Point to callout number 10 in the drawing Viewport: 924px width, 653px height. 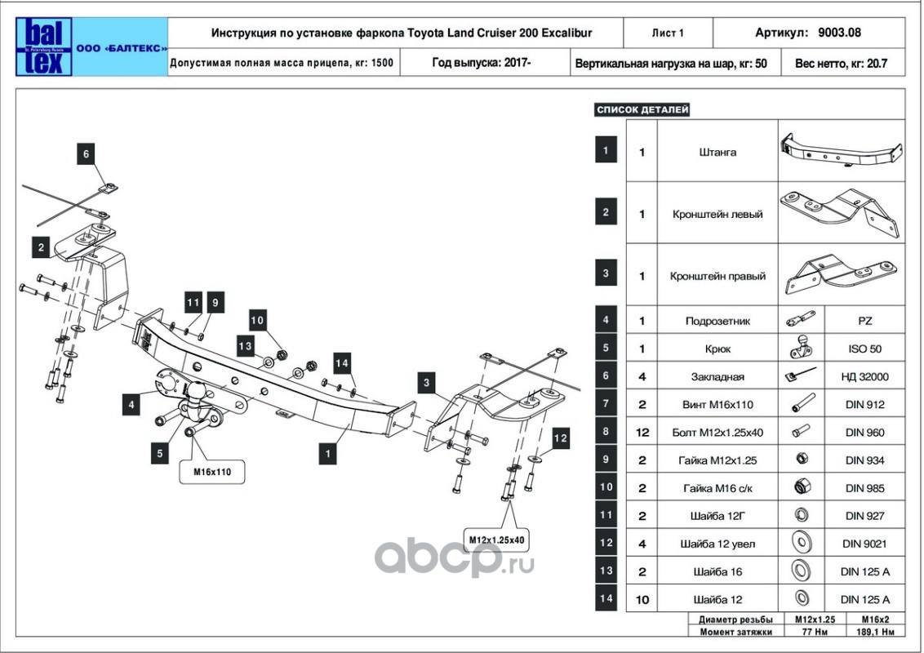click(257, 321)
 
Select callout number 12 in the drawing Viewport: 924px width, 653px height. click(559, 438)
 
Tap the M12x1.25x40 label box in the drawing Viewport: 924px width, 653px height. click(496, 540)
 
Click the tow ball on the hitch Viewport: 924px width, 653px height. click(198, 396)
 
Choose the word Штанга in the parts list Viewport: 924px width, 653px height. click(717, 152)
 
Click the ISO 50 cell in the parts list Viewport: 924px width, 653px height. click(864, 349)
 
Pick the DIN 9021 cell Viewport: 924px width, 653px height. click(864, 544)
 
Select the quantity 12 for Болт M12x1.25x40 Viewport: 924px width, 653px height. click(642, 433)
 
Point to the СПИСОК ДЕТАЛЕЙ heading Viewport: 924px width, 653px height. click(643, 109)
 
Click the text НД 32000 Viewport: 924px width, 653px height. click(864, 377)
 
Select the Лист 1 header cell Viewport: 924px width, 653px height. click(668, 33)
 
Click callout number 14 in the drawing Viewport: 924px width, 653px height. click(342, 362)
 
